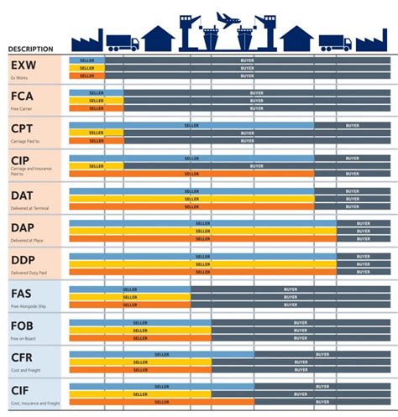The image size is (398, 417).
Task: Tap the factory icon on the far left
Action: pyautogui.click(x=86, y=37)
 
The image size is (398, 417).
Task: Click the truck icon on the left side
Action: pyautogui.click(x=123, y=42)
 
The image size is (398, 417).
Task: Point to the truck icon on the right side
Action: pyautogui.click(x=335, y=42)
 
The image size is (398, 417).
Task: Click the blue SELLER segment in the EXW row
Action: pyautogui.click(x=86, y=60)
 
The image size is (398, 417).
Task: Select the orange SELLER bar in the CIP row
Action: pyautogui.click(x=191, y=174)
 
